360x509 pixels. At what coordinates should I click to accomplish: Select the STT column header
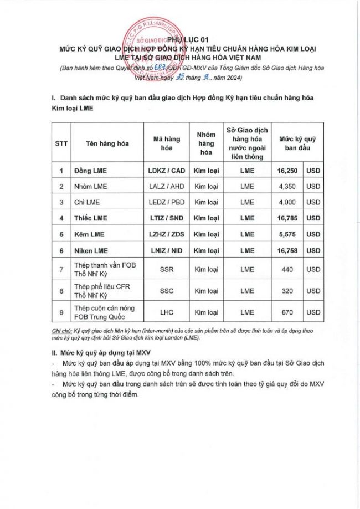(61, 143)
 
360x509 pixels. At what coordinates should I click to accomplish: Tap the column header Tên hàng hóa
(107, 143)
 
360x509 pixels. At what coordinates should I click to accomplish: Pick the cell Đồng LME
(91, 171)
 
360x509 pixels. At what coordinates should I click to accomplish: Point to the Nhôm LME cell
(91, 187)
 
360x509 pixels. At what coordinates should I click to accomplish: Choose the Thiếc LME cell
(91, 218)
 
